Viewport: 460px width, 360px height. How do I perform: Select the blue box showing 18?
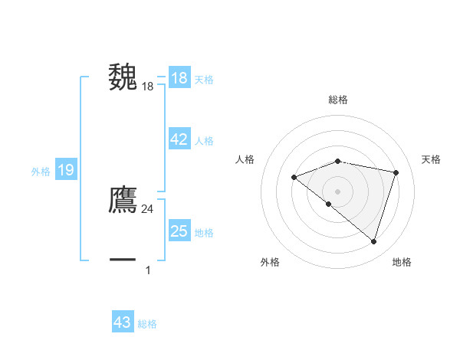(x=179, y=78)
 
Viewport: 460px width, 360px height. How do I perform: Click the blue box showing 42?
(x=179, y=139)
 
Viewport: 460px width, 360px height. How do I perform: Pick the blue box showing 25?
(x=179, y=231)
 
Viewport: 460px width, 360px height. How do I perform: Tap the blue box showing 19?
(x=65, y=170)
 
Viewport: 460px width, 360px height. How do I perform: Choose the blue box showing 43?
(x=123, y=322)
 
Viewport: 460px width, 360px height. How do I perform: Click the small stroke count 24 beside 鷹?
(x=148, y=209)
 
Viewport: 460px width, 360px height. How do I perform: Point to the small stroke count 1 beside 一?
(x=148, y=270)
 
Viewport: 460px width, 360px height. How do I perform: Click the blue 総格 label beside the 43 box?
(x=147, y=324)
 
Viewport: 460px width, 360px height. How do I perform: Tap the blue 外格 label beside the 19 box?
(x=41, y=172)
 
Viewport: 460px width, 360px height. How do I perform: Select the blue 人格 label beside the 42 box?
(x=204, y=141)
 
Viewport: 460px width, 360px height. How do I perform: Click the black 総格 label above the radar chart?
(x=338, y=100)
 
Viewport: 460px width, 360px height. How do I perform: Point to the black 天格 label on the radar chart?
(x=432, y=159)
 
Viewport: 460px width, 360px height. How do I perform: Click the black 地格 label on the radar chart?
(x=402, y=263)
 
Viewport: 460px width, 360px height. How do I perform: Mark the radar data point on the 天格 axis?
(x=396, y=172)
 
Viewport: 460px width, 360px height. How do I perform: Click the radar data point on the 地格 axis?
(x=373, y=241)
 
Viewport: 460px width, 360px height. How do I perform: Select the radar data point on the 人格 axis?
(x=294, y=177)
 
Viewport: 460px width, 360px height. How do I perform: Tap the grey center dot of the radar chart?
(x=337, y=191)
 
